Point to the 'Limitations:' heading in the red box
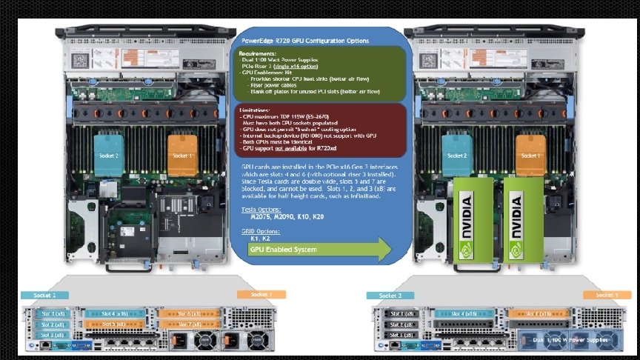[254, 109]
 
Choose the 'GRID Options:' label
[258, 231]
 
